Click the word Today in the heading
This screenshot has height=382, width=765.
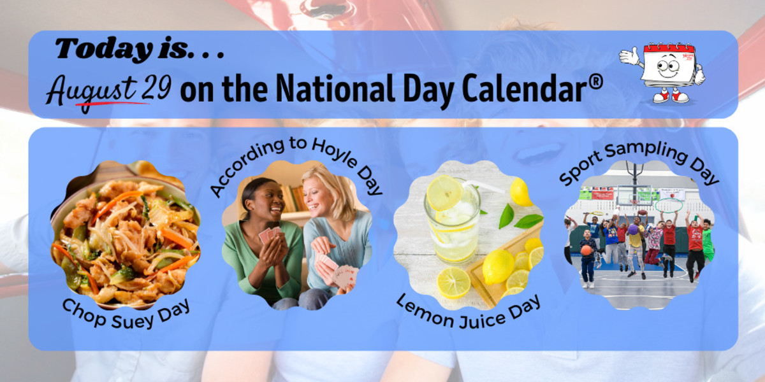104,50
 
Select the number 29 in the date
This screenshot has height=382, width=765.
156,88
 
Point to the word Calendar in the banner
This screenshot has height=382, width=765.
523,88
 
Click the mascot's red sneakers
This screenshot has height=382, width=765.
671,96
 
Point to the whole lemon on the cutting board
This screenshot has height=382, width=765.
499,267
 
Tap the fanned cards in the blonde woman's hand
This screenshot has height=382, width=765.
344,277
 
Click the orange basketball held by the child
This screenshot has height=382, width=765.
586,250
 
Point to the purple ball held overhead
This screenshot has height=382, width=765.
633,229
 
